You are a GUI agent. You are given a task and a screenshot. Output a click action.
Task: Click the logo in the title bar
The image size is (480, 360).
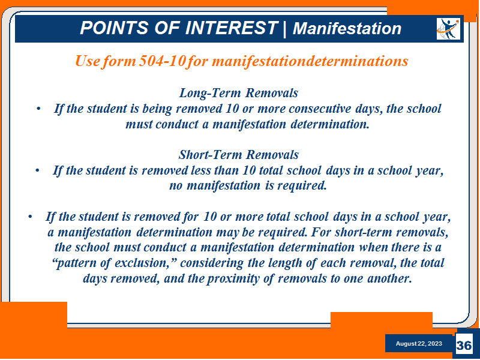coord(448,29)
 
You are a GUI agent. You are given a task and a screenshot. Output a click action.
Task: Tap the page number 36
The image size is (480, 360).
coord(464,346)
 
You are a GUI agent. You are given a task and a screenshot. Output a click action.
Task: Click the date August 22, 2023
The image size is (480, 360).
coord(419,343)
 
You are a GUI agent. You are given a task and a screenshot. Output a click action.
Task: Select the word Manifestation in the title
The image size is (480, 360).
coord(347,28)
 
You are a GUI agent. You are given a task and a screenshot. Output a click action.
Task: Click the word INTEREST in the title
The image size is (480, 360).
coord(232,28)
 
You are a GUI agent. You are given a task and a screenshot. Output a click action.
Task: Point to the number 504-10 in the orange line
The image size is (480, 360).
coord(162,61)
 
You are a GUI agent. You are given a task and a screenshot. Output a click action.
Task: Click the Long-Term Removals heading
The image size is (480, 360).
coord(238,93)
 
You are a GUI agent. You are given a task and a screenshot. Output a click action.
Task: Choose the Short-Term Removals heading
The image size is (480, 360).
coord(238,155)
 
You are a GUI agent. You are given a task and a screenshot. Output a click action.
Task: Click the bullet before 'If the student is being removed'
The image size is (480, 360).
coord(38,109)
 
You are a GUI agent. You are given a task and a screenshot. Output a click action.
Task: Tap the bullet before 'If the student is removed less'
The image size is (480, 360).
coord(37,170)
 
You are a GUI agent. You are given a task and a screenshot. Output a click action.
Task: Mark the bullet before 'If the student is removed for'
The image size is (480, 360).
coord(30,217)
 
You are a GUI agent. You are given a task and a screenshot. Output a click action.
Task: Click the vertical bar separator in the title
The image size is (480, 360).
coord(285,28)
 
